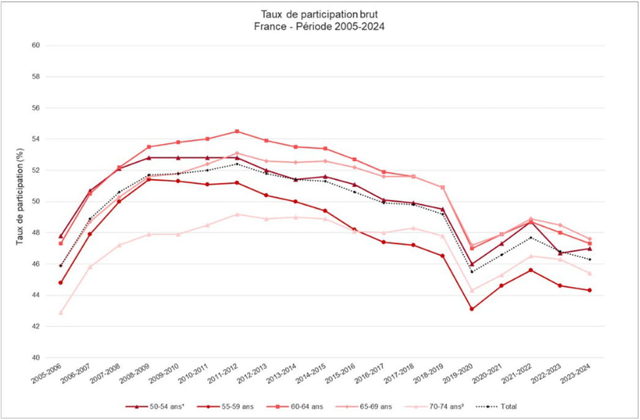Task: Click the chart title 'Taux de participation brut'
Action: tap(320, 14)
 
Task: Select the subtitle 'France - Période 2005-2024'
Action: tap(320, 26)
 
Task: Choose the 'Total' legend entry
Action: tap(501, 406)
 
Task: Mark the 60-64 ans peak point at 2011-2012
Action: tap(237, 132)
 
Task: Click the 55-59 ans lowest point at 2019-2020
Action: tap(472, 309)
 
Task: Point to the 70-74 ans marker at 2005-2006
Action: tap(60, 312)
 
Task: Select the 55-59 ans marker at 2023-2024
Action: tap(590, 290)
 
